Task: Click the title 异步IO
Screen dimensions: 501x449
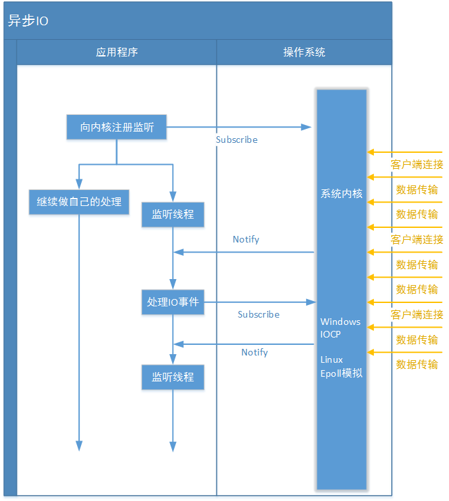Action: pyautogui.click(x=28, y=21)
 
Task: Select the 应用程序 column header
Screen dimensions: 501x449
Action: pyautogui.click(x=117, y=52)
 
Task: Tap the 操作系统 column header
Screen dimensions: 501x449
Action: pyautogui.click(x=304, y=52)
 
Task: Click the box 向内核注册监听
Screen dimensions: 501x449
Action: pyautogui.click(x=117, y=127)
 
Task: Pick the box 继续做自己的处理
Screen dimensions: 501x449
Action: pyautogui.click(x=79, y=201)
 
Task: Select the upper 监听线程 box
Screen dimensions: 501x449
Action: pyautogui.click(x=173, y=214)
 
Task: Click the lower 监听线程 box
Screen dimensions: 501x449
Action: pyautogui.click(x=173, y=377)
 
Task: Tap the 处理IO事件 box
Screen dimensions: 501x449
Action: pyautogui.click(x=173, y=302)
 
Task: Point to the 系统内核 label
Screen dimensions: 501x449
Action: pyautogui.click(x=341, y=194)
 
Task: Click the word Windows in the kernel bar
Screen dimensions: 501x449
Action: pyautogui.click(x=340, y=322)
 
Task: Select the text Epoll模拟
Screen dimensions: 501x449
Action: pyautogui.click(x=341, y=373)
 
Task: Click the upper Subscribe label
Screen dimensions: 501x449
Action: pyautogui.click(x=236, y=140)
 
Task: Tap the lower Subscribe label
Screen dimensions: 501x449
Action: pyautogui.click(x=258, y=314)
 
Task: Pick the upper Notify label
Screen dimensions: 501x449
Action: pyautogui.click(x=246, y=239)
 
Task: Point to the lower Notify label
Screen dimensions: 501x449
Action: pyautogui.click(x=254, y=352)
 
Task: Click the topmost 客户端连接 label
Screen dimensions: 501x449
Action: pyautogui.click(x=417, y=164)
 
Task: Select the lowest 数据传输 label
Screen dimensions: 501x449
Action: pyautogui.click(x=417, y=364)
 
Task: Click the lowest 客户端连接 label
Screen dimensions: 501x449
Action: pyautogui.click(x=417, y=314)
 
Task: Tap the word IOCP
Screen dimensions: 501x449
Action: pyautogui.click(x=331, y=334)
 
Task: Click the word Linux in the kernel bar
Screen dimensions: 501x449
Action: pyautogui.click(x=332, y=359)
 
